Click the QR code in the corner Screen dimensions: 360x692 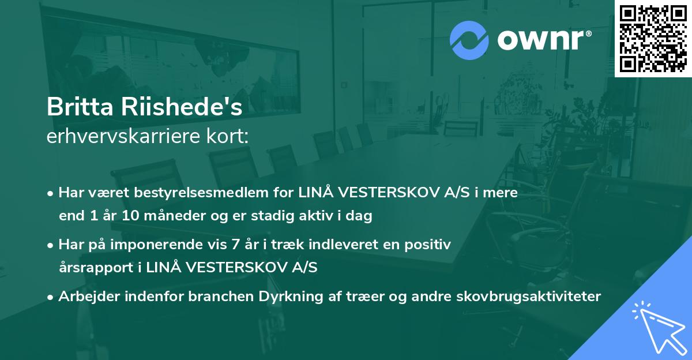pyautogui.click(x=653, y=39)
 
